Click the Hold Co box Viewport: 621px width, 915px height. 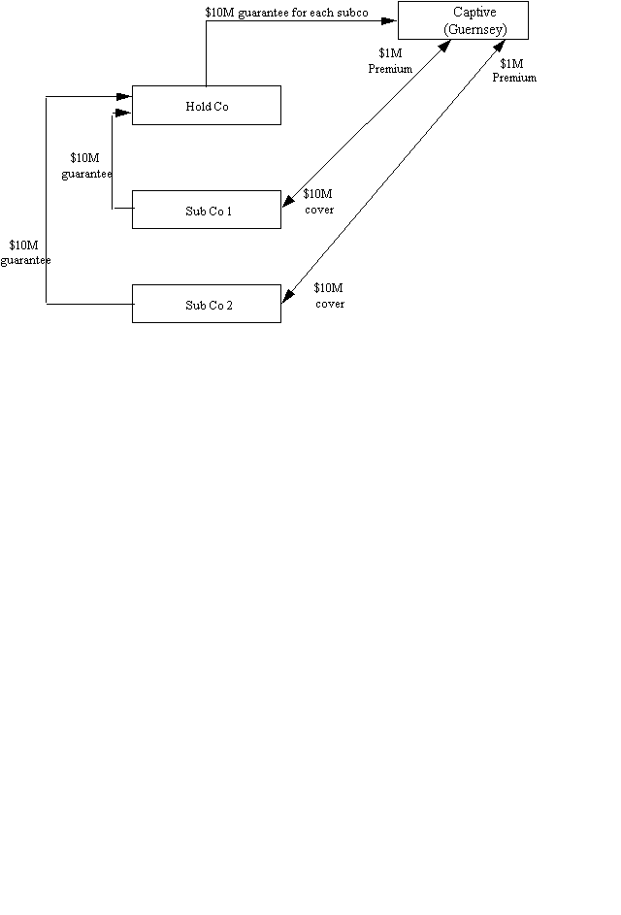point(206,105)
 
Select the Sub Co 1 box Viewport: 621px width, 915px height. point(206,210)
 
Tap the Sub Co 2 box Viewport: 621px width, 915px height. point(206,304)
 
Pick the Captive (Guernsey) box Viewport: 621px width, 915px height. point(463,20)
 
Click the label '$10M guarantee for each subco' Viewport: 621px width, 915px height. point(287,12)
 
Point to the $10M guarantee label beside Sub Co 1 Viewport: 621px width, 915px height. point(85,165)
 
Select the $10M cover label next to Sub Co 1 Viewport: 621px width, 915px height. point(318,201)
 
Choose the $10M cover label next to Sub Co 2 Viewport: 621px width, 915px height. point(330,295)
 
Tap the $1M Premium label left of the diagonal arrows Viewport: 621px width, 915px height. point(390,62)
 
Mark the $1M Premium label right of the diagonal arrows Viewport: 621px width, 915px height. point(514,71)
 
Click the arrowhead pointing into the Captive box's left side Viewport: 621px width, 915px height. point(391,20)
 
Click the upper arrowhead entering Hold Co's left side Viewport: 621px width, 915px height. point(124,95)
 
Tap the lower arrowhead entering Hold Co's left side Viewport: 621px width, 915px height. point(124,114)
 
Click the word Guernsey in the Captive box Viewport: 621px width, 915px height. point(476,29)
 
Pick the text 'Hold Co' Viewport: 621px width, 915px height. point(207,106)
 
